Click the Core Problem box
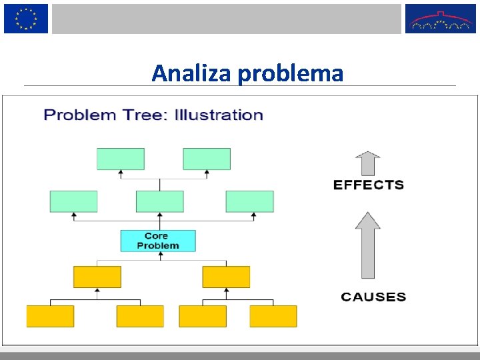pos(158,241)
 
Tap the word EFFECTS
pos(368,185)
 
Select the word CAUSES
pos(373,297)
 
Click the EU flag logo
pos(26,19)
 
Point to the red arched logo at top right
pos(441,19)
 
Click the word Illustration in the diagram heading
pos(219,115)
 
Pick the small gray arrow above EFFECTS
pos(367,163)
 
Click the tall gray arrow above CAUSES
pos(367,245)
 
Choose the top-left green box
pos(121,159)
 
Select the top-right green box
pos(207,159)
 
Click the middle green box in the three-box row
pos(159,201)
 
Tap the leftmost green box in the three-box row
pos(73,201)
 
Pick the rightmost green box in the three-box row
pos(249,201)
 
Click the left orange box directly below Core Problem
pos(97,277)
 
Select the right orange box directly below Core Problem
pos(226,277)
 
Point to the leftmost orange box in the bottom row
pos(50,316)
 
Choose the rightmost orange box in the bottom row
pos(273,316)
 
